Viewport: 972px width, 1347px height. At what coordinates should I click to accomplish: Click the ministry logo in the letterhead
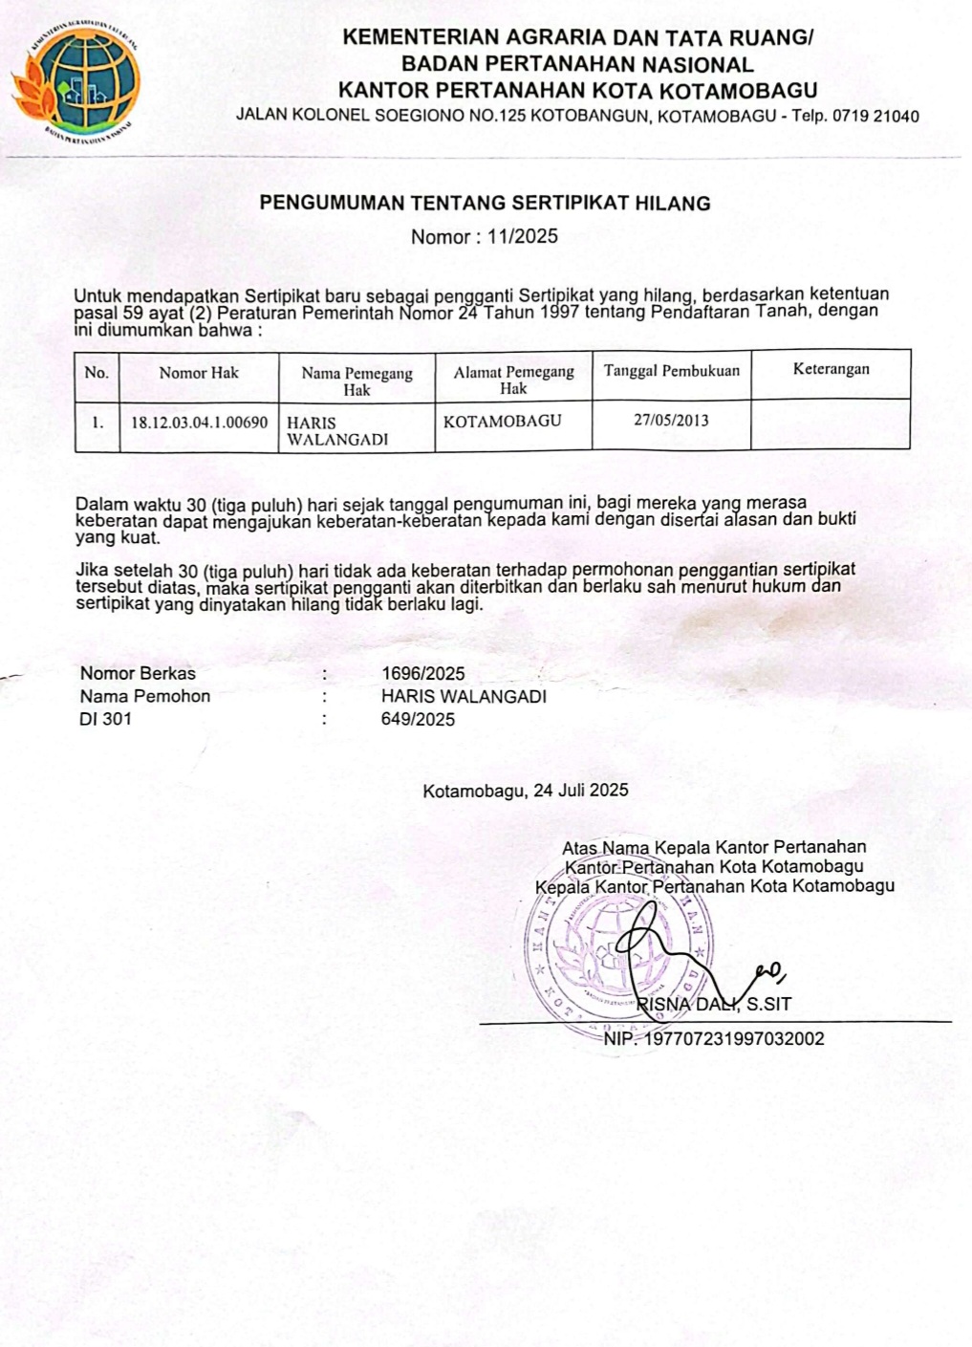tap(76, 82)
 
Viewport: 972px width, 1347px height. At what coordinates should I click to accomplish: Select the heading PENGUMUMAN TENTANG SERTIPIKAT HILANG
tap(486, 203)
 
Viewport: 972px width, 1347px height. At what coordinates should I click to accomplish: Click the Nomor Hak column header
tap(199, 373)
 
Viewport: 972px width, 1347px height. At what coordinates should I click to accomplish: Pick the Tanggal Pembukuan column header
tap(671, 371)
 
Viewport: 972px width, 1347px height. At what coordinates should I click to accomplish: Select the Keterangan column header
tap(831, 369)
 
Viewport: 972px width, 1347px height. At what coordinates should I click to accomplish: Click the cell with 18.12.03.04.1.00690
tap(199, 422)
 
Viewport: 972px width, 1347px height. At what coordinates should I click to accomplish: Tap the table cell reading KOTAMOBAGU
tap(502, 421)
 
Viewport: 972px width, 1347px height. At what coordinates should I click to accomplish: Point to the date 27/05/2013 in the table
tap(671, 420)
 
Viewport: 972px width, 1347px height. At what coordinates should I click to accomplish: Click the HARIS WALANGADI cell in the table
tap(337, 430)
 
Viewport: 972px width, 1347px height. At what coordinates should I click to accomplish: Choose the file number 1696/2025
tap(422, 674)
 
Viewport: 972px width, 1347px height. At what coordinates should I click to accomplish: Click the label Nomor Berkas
tap(138, 674)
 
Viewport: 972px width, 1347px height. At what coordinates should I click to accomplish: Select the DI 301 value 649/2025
tap(418, 720)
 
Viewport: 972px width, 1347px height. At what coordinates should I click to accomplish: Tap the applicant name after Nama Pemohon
tap(464, 697)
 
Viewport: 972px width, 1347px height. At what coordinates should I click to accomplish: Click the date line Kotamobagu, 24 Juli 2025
tap(526, 790)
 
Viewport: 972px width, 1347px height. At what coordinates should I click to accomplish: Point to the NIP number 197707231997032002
tap(734, 1038)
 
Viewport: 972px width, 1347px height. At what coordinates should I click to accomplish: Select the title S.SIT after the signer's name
tap(768, 1004)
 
